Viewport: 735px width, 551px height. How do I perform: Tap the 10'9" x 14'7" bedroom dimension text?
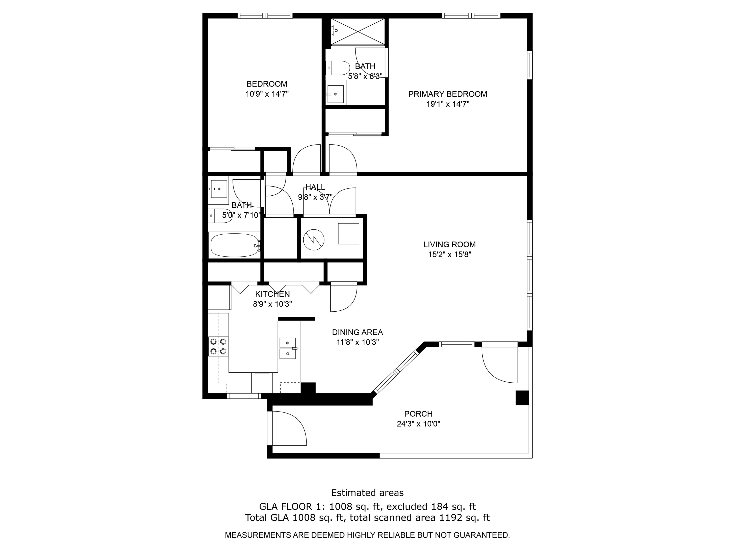[x=267, y=94]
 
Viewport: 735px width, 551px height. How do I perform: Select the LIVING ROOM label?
[x=449, y=244]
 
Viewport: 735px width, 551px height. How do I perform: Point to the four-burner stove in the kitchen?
[x=218, y=347]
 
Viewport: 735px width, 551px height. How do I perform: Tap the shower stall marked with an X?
[x=358, y=32]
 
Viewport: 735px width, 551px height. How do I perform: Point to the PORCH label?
[x=418, y=414]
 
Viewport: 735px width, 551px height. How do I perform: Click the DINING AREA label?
[x=357, y=332]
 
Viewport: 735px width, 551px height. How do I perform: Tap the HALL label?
[x=315, y=187]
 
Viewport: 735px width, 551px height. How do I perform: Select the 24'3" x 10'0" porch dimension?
[x=418, y=424]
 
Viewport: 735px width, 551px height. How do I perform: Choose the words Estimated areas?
[x=367, y=493]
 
